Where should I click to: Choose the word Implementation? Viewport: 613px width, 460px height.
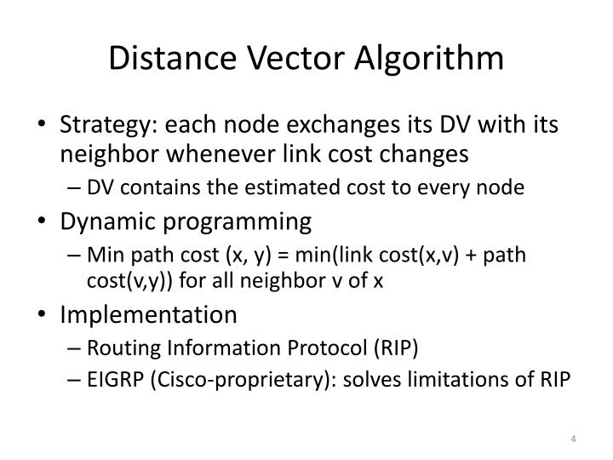(x=148, y=314)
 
